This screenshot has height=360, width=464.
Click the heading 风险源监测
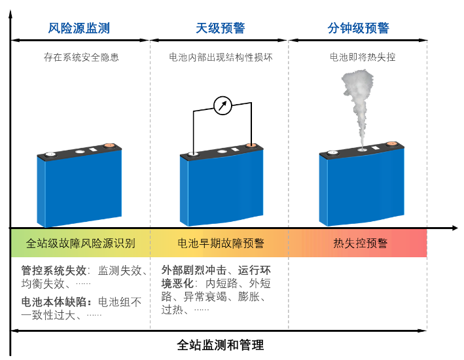pos(79,28)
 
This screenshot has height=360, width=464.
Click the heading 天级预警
pos(221,28)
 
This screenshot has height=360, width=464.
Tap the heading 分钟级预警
pos(358,28)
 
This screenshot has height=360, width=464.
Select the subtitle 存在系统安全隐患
pos(81,58)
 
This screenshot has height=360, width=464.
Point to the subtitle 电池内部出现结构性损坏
pos(221,58)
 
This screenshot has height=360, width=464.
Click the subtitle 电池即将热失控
pos(362,58)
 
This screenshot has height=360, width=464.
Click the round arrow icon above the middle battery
pos(223,105)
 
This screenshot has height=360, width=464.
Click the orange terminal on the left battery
pos(109,146)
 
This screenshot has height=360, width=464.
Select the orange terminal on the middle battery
pos(251,145)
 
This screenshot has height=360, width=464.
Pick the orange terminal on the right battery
pos(391,143)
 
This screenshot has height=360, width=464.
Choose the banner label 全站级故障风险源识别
pos(81,243)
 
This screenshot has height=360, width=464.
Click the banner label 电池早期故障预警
pos(221,243)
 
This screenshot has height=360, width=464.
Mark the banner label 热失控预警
pos(360,243)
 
